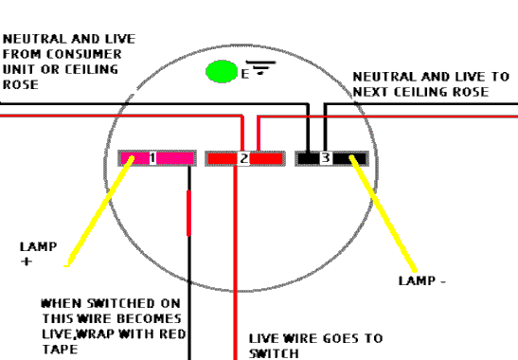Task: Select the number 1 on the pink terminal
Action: (x=152, y=158)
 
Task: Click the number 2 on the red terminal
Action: (x=243, y=158)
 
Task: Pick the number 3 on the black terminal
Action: (x=325, y=158)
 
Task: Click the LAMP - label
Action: (x=421, y=280)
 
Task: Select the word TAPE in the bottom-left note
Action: (x=58, y=350)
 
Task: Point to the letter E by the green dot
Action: (x=244, y=73)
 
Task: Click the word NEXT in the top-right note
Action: (x=374, y=92)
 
